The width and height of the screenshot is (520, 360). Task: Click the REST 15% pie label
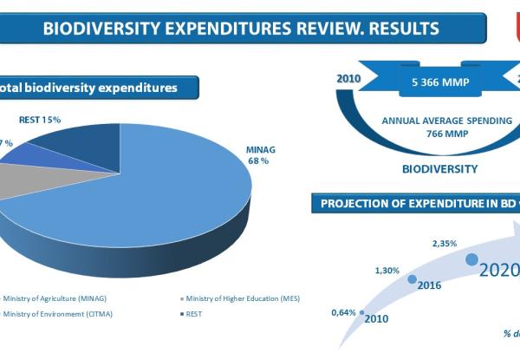click(x=39, y=119)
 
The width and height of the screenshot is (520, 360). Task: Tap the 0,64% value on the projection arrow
click(x=345, y=312)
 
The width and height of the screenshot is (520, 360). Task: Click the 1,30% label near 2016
click(x=387, y=271)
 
